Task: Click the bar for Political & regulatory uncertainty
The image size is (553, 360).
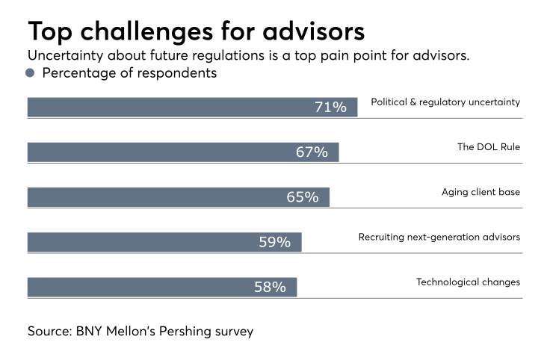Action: click(x=192, y=107)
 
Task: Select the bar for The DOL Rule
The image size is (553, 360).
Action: click(x=183, y=152)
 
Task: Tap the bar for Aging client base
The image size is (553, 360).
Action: click(x=178, y=197)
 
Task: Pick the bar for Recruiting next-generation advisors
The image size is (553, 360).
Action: click(x=164, y=242)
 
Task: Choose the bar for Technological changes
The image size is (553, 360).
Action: click(x=162, y=287)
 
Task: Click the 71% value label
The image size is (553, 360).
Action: click(x=330, y=107)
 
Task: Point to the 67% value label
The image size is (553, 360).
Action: click(x=312, y=152)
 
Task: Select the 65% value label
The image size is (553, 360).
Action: click(x=303, y=197)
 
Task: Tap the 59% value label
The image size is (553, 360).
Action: click(x=274, y=242)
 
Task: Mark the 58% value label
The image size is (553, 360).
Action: click(x=270, y=287)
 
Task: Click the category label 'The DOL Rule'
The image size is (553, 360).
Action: click(x=489, y=147)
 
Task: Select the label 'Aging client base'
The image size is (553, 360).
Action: click(x=481, y=192)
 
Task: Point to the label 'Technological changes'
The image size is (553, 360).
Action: click(x=468, y=282)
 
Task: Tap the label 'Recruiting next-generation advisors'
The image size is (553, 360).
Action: click(x=439, y=238)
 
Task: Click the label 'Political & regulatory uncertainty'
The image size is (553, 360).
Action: click(x=445, y=102)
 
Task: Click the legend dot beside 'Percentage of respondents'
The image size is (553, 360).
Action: click(x=31, y=73)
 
